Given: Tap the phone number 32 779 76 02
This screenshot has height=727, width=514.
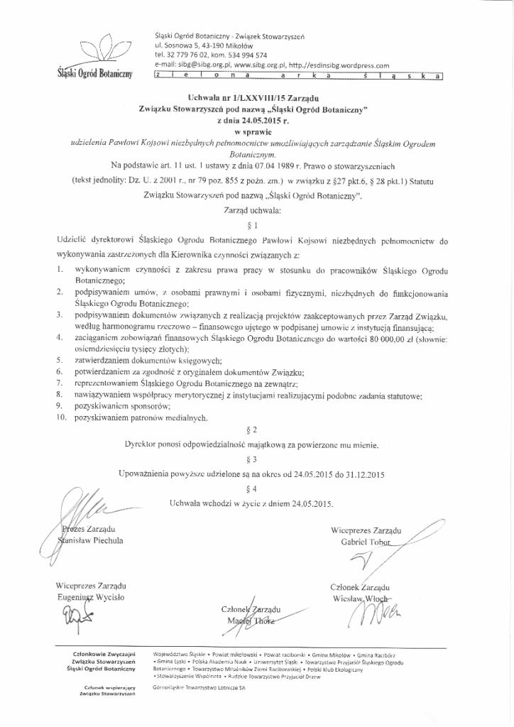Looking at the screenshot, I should (x=187, y=54).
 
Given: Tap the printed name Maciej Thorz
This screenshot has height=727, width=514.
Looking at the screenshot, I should (x=252, y=621).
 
